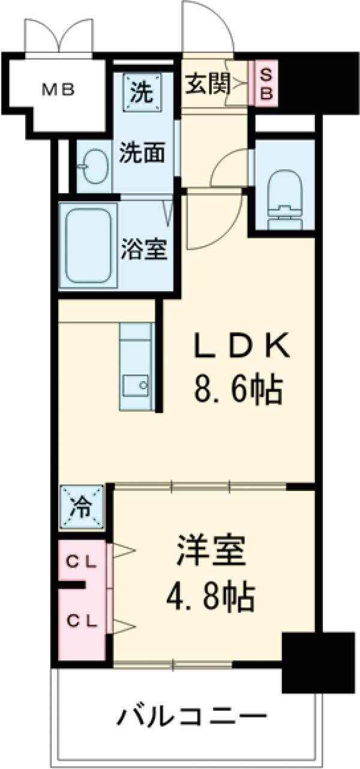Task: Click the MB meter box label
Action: point(58,90)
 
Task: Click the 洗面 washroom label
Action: point(142,154)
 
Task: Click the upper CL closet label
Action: point(81,562)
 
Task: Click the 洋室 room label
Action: point(211,554)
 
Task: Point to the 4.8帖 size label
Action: point(211,597)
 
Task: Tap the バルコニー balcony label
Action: point(191,716)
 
